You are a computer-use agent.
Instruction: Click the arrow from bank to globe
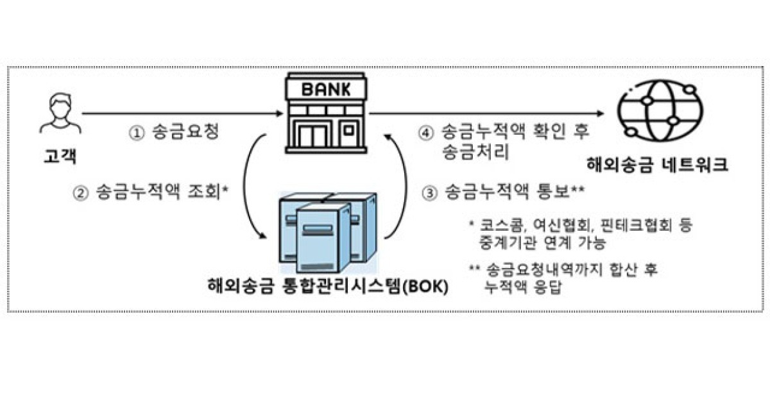click(x=488, y=114)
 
